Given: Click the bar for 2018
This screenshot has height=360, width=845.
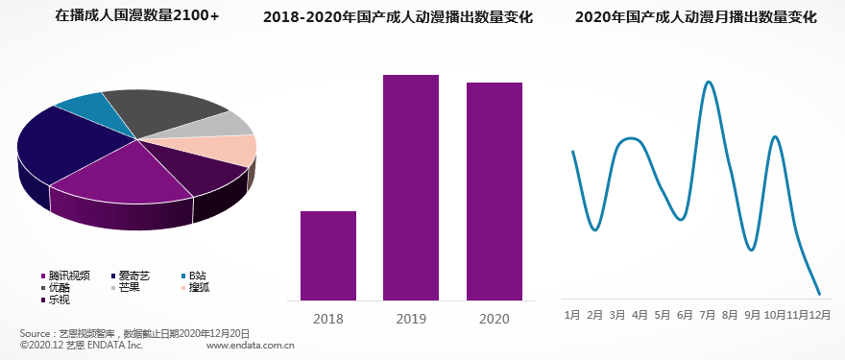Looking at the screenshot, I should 328,255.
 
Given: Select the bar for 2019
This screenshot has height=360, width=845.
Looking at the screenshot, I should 411,187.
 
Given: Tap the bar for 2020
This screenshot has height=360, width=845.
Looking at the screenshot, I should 494,191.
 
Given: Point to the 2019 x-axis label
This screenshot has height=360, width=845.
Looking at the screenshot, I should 411,318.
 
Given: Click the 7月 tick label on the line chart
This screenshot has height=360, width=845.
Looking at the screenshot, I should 708,314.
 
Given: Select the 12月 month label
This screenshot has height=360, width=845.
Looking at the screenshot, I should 819,314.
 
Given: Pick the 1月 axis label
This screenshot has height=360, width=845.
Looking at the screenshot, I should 572,314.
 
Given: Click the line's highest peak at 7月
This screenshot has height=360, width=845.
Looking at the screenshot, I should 709,82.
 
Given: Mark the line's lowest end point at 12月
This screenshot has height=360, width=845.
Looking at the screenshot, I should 819,294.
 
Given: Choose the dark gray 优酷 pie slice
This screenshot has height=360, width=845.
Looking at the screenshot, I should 163,110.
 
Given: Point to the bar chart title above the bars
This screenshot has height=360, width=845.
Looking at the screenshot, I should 411,17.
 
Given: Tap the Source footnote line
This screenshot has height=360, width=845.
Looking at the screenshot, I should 134,333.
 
